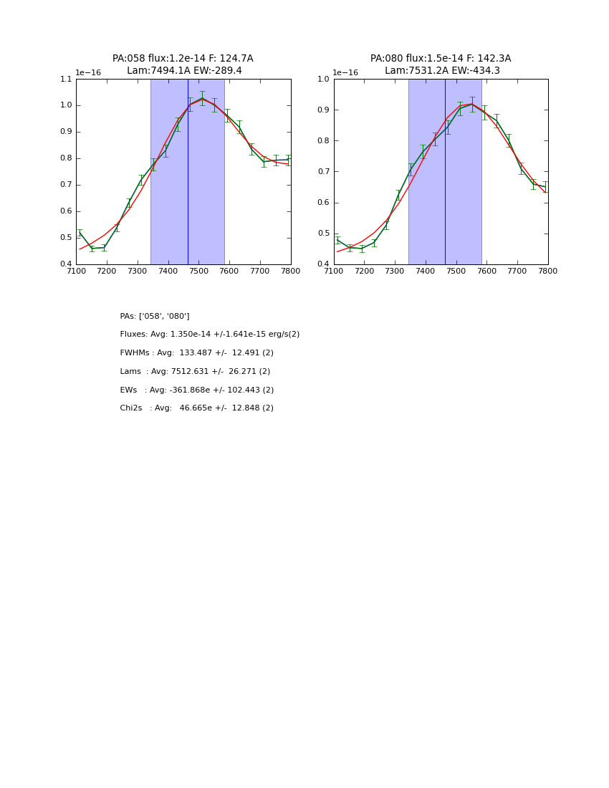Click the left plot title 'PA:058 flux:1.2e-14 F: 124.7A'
[x=183, y=59]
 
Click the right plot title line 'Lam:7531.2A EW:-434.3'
[x=442, y=71]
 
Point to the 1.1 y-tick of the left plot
[x=66, y=80]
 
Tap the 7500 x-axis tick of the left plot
[x=198, y=271]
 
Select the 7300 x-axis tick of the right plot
[x=395, y=271]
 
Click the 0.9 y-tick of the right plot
[x=323, y=110]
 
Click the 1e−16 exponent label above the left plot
[x=88, y=72]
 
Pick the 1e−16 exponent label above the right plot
[x=345, y=72]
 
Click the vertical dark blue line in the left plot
[x=188, y=179]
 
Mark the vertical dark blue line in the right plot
[x=445, y=179]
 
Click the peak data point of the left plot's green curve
[x=202, y=98]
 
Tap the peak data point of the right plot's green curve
[x=472, y=104]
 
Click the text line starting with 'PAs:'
[x=155, y=316]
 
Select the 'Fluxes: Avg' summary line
[x=209, y=335]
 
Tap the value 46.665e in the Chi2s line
[x=195, y=408]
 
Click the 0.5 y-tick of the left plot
[x=66, y=238]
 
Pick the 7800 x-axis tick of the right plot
[x=548, y=271]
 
